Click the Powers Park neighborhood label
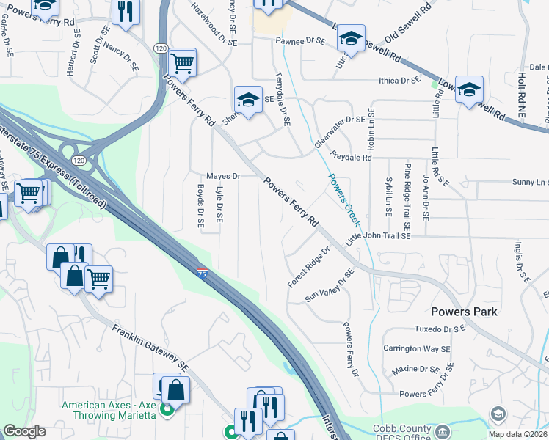[464, 312]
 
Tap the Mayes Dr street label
[223, 177]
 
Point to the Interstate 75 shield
[202, 273]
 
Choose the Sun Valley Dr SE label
[330, 286]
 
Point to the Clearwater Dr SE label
[340, 128]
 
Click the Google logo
[25, 431]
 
